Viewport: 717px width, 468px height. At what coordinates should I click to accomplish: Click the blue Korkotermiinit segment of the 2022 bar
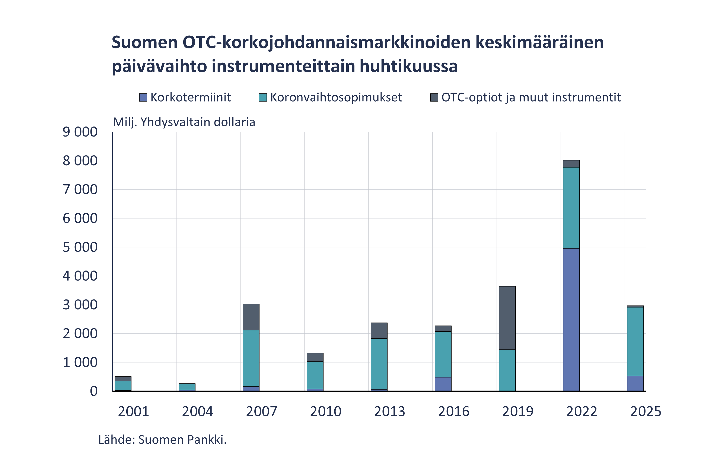(571, 319)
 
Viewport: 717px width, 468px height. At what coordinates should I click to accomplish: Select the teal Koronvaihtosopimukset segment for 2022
(571, 208)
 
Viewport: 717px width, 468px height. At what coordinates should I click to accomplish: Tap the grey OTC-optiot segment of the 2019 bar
(507, 318)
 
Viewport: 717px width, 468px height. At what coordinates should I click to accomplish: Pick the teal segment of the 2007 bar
(251, 358)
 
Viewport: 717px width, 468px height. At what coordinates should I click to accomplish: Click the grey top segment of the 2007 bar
(251, 317)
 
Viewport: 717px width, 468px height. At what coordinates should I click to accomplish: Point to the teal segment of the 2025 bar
(635, 342)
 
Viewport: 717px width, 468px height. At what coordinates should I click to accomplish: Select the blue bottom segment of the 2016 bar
(443, 384)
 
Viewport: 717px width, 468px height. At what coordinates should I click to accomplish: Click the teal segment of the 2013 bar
(379, 364)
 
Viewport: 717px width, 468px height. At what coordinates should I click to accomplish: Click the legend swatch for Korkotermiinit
(143, 97)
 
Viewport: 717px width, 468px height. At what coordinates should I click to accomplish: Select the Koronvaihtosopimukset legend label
(336, 97)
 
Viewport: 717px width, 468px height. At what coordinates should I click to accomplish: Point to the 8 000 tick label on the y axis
(80, 161)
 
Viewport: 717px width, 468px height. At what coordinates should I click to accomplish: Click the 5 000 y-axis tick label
(80, 247)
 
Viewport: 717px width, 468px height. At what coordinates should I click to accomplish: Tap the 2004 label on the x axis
(197, 411)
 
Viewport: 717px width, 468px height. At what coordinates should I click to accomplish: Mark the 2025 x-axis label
(646, 411)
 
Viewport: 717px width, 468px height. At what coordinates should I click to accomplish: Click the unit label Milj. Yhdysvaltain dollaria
(184, 122)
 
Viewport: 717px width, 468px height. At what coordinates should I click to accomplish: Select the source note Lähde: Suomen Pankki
(162, 440)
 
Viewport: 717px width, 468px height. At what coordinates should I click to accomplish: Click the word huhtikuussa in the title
(408, 66)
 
